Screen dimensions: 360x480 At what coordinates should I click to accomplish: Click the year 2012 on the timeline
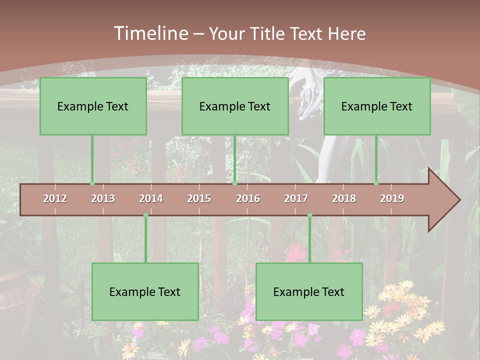tap(55, 198)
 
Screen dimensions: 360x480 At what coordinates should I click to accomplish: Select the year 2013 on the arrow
tap(103, 198)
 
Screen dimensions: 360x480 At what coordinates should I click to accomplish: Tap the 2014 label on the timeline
tap(151, 198)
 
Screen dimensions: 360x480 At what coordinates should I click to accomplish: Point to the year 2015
tap(199, 198)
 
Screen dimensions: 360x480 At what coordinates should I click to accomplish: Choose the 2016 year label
tap(248, 198)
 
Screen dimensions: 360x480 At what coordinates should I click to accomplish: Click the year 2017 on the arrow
tap(296, 198)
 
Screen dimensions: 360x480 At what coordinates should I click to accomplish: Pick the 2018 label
tap(344, 198)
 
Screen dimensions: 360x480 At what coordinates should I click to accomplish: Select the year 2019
tap(392, 198)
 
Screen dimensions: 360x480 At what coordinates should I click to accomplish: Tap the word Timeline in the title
tap(150, 33)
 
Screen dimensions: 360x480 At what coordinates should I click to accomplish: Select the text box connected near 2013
tap(93, 106)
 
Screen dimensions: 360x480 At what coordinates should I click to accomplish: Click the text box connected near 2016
tap(235, 106)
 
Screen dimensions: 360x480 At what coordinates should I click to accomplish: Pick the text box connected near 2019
tap(377, 106)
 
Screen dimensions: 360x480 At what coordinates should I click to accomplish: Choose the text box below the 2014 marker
tap(145, 291)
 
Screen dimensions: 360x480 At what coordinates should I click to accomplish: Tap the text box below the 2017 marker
tap(309, 291)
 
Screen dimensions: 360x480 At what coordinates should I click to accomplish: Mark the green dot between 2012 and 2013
tap(92, 183)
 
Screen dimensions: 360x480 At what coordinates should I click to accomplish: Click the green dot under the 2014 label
tap(145, 215)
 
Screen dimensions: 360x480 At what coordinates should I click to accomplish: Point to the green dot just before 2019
tap(376, 183)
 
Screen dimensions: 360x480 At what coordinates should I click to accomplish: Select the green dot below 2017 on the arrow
tap(309, 215)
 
